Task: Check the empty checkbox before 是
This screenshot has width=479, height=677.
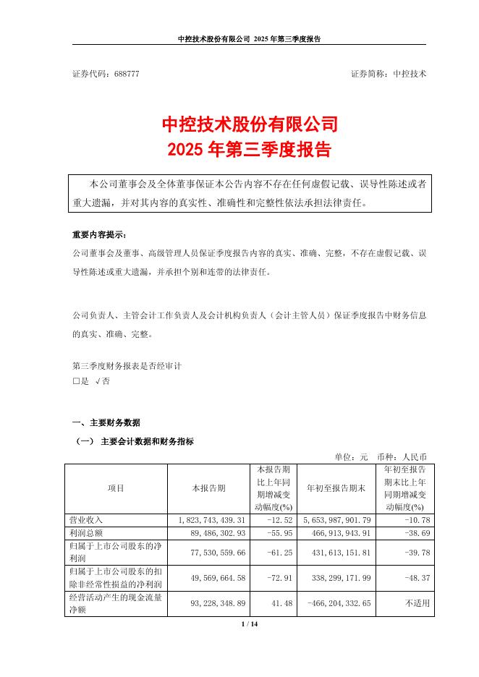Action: tap(76, 380)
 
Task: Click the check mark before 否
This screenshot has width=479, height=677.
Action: tap(98, 380)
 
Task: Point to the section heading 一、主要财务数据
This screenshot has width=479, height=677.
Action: tap(106, 422)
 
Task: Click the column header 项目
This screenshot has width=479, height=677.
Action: tap(116, 488)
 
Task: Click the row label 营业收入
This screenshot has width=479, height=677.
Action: tap(86, 520)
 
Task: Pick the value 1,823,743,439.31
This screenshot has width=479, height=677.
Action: tap(207, 520)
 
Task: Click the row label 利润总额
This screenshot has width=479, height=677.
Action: tap(86, 533)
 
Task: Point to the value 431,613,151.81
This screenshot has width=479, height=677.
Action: tap(339, 552)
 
